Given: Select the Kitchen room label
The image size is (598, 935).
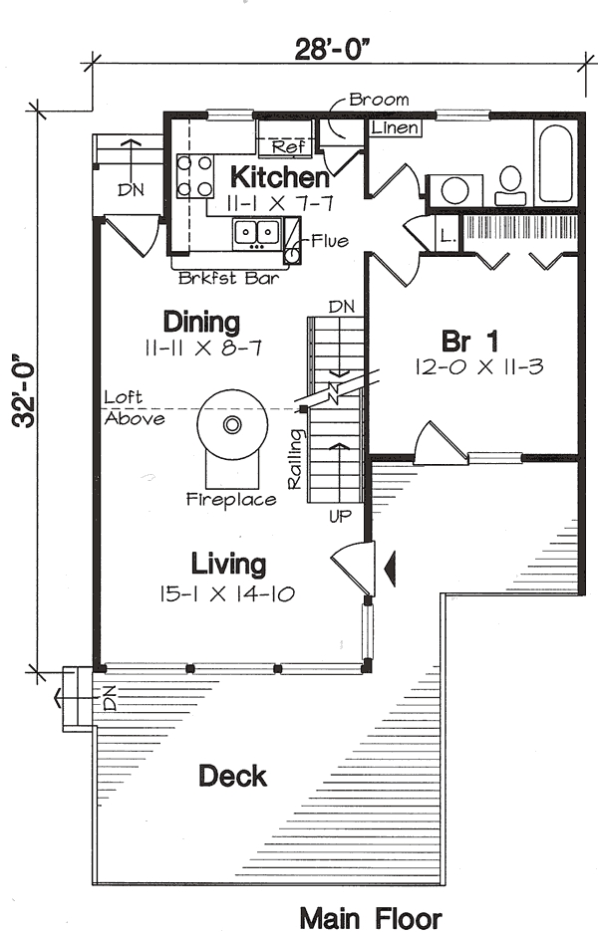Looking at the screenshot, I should pyautogui.click(x=280, y=178).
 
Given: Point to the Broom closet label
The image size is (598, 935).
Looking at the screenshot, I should pyautogui.click(x=379, y=101).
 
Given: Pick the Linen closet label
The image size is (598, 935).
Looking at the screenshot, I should pyautogui.click(x=395, y=128).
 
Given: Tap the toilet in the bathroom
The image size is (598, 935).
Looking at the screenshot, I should pyautogui.click(x=510, y=182).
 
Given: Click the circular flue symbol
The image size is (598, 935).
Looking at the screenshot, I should pyautogui.click(x=292, y=256).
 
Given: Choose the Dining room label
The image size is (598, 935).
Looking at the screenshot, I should pyautogui.click(x=202, y=323).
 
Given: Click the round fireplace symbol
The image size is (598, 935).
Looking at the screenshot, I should pyautogui.click(x=232, y=425).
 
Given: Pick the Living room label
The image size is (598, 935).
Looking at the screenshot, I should pyautogui.click(x=229, y=566).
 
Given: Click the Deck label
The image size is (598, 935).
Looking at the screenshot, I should pyautogui.click(x=232, y=775).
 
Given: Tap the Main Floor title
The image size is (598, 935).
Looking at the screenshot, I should pyautogui.click(x=370, y=917).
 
